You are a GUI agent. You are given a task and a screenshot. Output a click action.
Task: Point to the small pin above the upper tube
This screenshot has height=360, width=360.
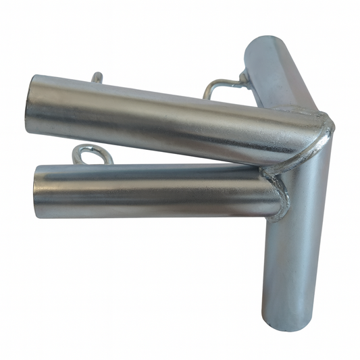[x=97, y=77]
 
